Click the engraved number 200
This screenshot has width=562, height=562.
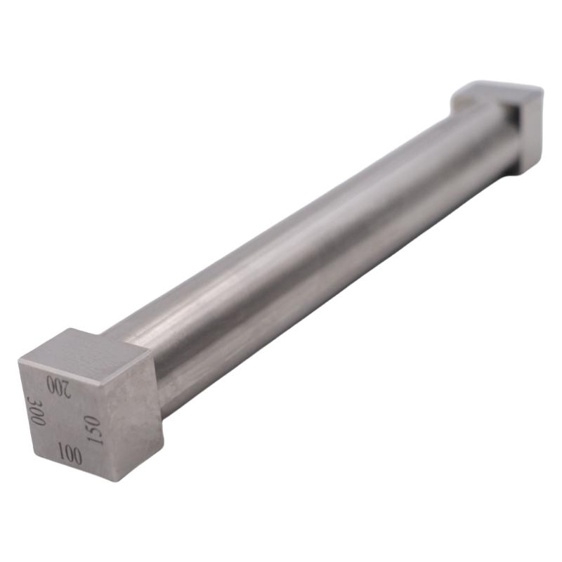tap(58, 386)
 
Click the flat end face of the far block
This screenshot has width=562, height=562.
tap(531, 130)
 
